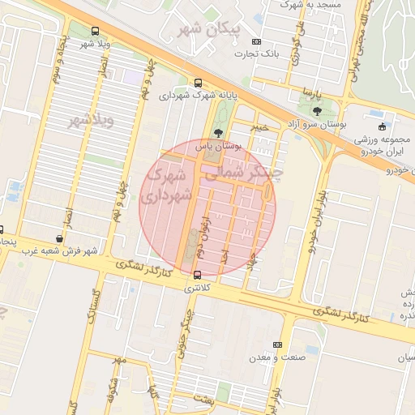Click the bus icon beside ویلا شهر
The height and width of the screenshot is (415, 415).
pyautogui.click(x=96, y=32)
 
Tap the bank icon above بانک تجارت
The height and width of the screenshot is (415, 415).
pyautogui.click(x=257, y=41)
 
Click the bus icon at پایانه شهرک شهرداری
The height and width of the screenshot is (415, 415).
pyautogui.click(x=199, y=83)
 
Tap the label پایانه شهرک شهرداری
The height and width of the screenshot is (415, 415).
pyautogui.click(x=198, y=96)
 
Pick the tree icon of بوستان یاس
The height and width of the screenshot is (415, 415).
pyautogui.click(x=217, y=133)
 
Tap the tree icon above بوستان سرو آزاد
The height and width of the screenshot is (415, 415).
pyautogui.click(x=315, y=111)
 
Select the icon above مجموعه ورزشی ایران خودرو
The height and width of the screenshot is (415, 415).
pyautogui.click(x=383, y=126)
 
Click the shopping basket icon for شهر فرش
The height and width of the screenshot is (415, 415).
pyautogui.click(x=59, y=239)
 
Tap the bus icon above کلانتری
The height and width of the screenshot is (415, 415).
pyautogui.click(x=198, y=275)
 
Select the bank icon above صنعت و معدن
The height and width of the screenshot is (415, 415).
pyautogui.click(x=278, y=344)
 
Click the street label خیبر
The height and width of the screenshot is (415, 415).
pyautogui.click(x=258, y=127)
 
